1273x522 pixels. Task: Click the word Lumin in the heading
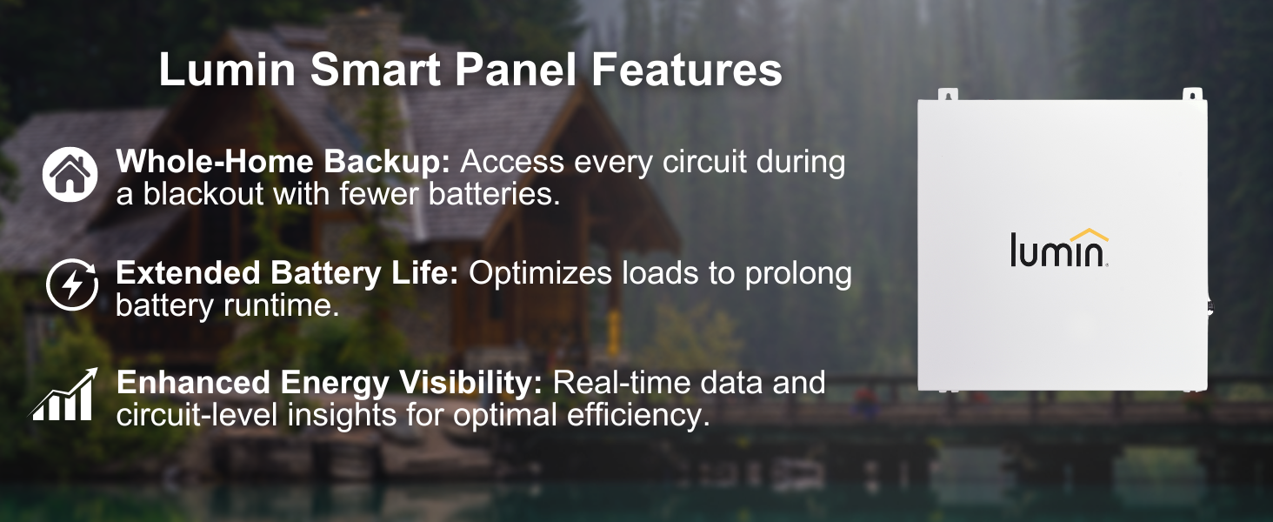(227, 69)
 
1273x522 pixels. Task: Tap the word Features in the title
(687, 69)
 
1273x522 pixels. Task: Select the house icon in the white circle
(70, 174)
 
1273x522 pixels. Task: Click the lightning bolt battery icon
(71, 284)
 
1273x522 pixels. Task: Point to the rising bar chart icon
(63, 394)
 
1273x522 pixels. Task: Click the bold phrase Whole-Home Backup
(283, 162)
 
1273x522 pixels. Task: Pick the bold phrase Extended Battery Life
(287, 273)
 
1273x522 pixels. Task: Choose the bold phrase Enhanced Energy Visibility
(330, 382)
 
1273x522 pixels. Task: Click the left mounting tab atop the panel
(948, 94)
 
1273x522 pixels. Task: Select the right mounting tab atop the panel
(1192, 94)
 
